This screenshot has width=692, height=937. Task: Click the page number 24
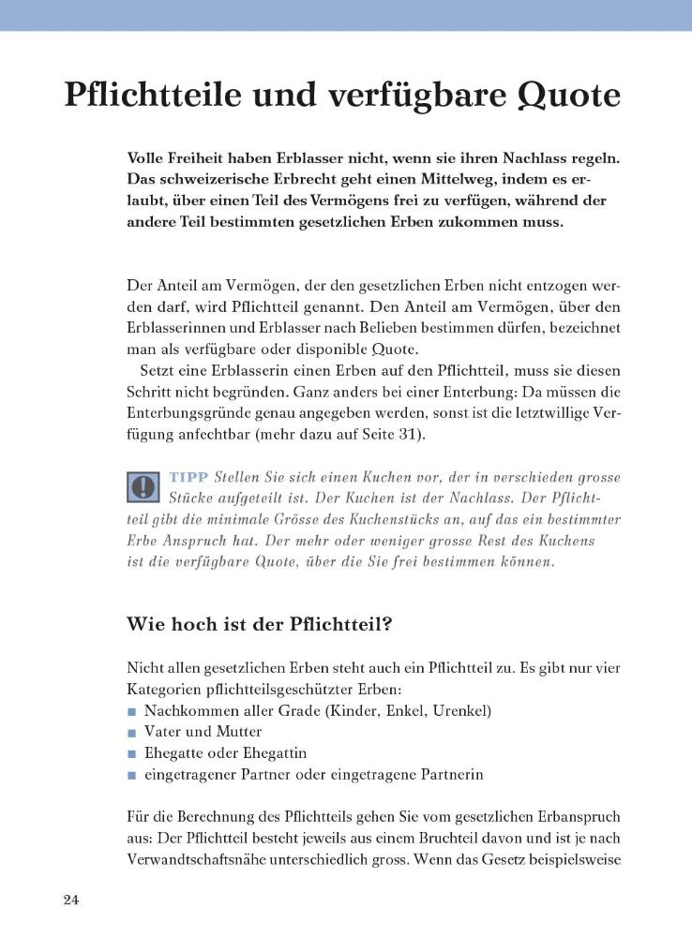point(72,900)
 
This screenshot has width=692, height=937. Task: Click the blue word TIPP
point(188,477)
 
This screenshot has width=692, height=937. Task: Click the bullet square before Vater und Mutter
point(132,732)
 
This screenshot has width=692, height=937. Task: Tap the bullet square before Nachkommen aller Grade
point(132,711)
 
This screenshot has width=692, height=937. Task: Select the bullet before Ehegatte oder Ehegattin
point(132,753)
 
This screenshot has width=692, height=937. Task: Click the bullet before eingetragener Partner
point(132,775)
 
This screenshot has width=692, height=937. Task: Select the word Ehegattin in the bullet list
point(275,753)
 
